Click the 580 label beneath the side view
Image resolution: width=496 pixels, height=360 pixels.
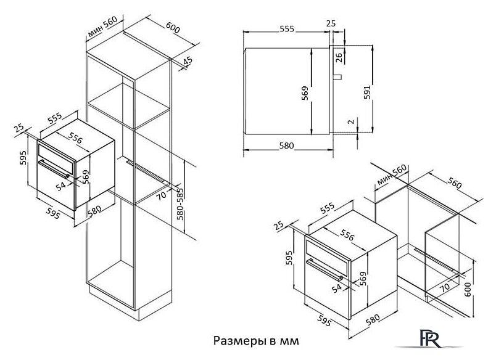point(285,146)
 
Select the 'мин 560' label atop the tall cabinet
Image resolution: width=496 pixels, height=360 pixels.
point(102,25)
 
